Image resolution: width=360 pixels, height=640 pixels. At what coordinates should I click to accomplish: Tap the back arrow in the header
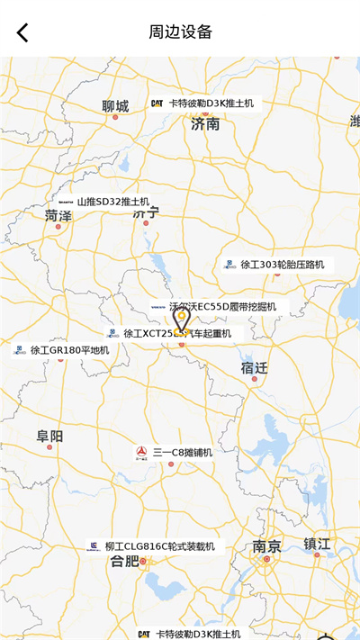click(x=23, y=32)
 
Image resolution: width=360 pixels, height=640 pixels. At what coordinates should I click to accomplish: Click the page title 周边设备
click(x=180, y=32)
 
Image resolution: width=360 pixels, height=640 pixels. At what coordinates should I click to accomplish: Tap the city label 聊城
click(x=116, y=106)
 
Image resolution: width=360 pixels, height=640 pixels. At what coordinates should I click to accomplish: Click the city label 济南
click(x=205, y=124)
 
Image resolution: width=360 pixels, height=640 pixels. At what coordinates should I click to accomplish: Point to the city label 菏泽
click(x=58, y=215)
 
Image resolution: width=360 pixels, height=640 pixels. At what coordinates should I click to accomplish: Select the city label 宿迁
click(x=255, y=367)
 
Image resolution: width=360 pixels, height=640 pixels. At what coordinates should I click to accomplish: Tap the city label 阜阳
click(x=50, y=437)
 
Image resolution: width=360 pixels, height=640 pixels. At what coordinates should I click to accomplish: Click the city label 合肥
click(x=124, y=562)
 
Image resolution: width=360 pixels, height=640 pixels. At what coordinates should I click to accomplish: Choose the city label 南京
click(x=266, y=546)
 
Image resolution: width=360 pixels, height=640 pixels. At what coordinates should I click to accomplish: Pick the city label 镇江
click(x=317, y=544)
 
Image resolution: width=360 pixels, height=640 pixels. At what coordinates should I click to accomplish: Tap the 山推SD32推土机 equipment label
click(x=112, y=202)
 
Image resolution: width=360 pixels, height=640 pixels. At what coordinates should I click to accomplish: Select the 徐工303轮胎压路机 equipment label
click(x=281, y=265)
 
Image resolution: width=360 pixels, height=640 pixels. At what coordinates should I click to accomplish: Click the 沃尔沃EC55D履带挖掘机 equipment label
click(x=222, y=307)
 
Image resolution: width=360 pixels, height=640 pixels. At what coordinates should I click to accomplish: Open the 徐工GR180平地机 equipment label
click(x=69, y=349)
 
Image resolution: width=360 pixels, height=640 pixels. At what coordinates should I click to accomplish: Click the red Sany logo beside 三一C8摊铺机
click(x=142, y=452)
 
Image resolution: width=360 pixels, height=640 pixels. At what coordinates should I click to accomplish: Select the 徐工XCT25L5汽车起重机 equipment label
click(x=176, y=333)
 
